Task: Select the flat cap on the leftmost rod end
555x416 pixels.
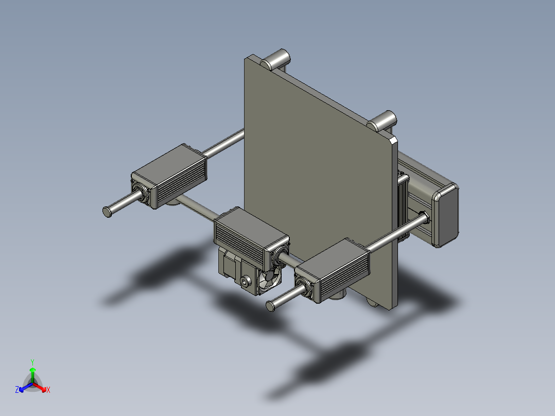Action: click(x=107, y=211)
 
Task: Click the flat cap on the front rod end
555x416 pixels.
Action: click(x=270, y=306)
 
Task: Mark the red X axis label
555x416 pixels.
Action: click(x=48, y=390)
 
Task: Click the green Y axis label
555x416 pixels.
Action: click(x=32, y=362)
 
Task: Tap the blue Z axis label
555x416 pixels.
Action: click(x=17, y=390)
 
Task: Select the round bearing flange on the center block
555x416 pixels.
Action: click(x=281, y=255)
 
